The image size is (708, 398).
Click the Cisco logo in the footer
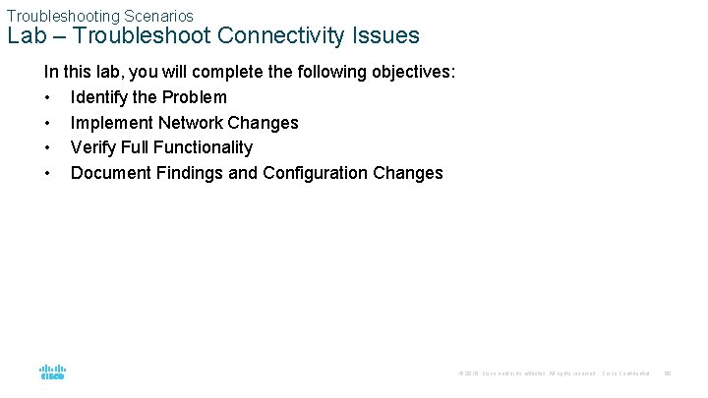(x=52, y=372)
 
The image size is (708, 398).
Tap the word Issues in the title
(x=385, y=36)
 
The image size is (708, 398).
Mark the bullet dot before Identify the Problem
(x=48, y=97)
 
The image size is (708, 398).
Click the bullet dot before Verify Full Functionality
(x=48, y=147)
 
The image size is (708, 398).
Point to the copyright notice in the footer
(x=526, y=373)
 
